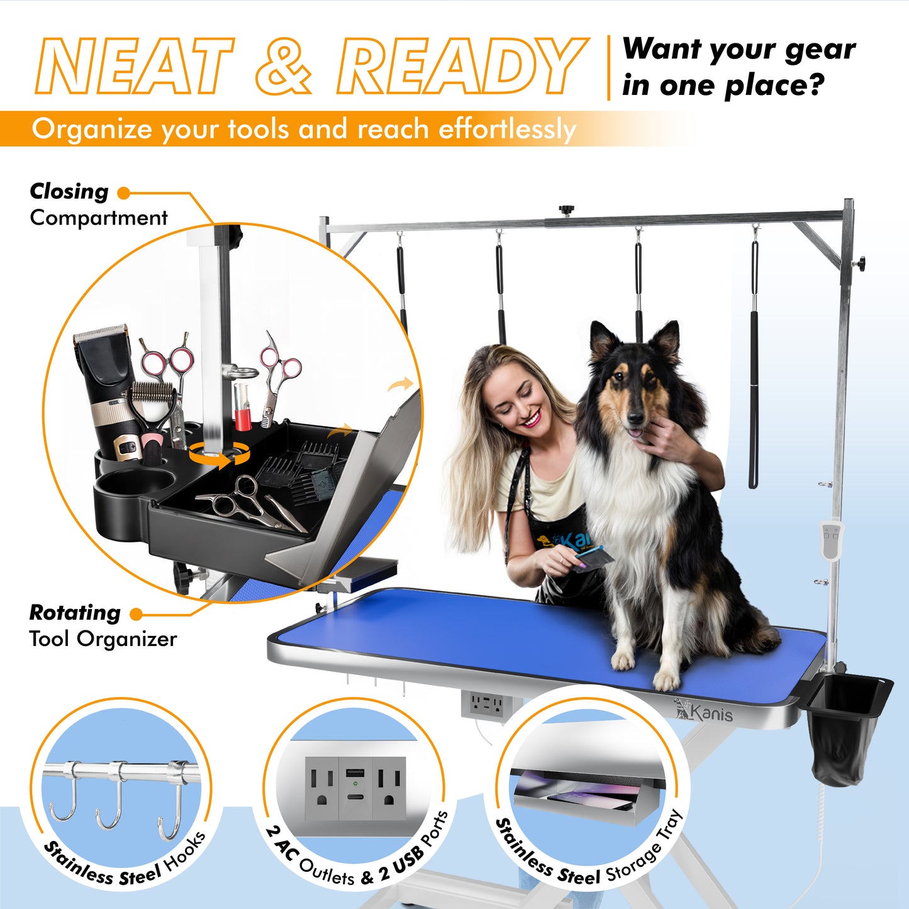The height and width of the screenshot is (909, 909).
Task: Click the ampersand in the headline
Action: coord(284,66)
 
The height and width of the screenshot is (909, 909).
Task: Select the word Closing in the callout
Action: coord(69,191)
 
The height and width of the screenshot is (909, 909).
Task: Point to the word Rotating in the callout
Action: coord(75,612)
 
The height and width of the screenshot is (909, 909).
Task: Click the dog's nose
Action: coord(635,418)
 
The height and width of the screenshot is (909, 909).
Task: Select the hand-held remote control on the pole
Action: coord(830,540)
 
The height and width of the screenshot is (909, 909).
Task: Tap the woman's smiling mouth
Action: coord(532,418)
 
